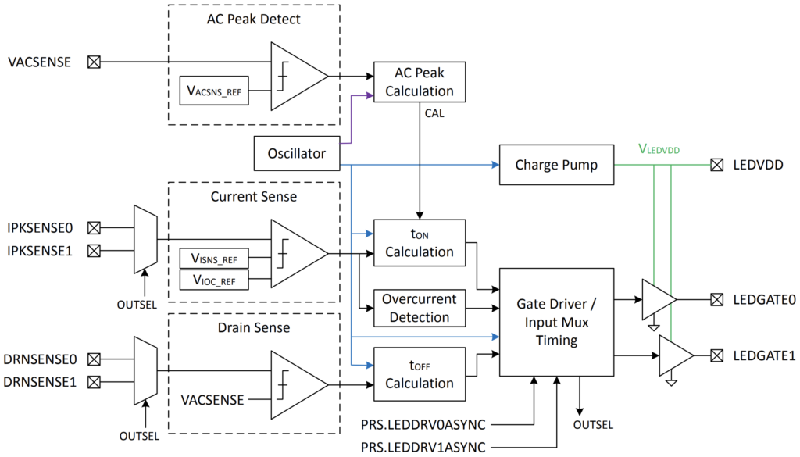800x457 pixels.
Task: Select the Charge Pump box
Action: (x=555, y=166)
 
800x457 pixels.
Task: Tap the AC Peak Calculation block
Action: (x=419, y=82)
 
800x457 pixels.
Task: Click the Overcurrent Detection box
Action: (x=419, y=308)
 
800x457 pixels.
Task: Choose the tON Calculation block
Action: (x=419, y=242)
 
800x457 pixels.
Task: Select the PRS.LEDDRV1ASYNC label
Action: (x=423, y=447)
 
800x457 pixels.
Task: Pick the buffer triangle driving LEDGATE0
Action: (x=657, y=299)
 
